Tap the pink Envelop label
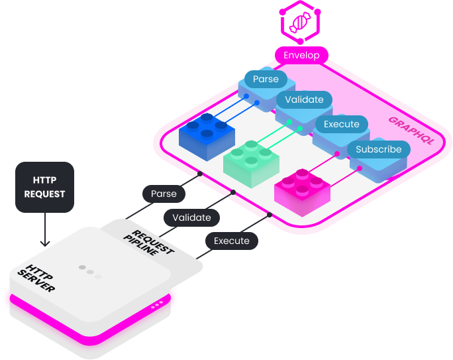point(301,55)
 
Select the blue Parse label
point(266,79)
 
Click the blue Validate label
point(304,99)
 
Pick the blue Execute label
point(342,124)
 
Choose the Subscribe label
point(378,149)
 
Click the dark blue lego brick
point(207,137)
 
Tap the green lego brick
point(251,162)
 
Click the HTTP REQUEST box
point(44,186)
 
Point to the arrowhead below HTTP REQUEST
point(44,243)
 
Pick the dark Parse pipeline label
point(164,194)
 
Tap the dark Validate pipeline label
point(191,217)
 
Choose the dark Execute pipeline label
point(231,241)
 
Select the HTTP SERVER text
point(41,279)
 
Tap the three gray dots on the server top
point(90,271)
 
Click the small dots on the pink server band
point(158,304)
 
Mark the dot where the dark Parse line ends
point(199,174)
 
